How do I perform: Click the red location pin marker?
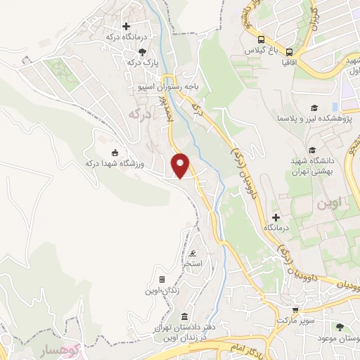[x=181, y=166]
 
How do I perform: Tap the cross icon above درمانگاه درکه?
[x=126, y=27]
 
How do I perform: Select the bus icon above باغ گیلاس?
[x=261, y=40]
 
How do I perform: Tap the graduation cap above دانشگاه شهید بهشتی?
[x=311, y=150]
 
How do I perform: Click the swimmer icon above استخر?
[x=193, y=253]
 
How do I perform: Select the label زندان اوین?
[x=162, y=290]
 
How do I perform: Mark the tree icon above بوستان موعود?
[x=341, y=328]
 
